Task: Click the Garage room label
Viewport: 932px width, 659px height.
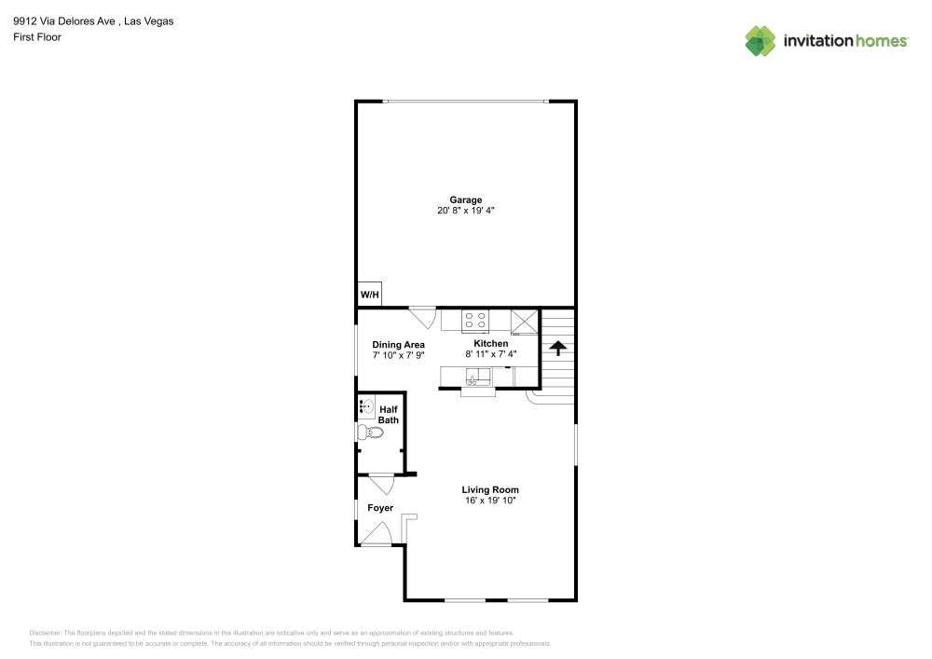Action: (x=465, y=199)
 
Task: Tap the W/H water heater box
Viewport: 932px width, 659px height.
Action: (x=369, y=295)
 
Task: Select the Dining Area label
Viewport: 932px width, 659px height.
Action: (x=398, y=345)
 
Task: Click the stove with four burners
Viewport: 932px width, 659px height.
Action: (x=475, y=321)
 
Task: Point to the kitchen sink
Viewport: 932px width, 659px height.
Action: (x=478, y=377)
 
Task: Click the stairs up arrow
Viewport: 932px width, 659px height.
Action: (x=557, y=349)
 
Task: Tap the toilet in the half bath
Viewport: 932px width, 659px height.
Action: (x=370, y=432)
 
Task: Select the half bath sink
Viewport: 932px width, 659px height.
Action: (x=366, y=406)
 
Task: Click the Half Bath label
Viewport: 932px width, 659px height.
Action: (x=388, y=415)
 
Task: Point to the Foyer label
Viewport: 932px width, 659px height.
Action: (x=380, y=508)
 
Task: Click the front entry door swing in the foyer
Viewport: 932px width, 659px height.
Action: (x=377, y=534)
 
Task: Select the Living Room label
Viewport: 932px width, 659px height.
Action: (x=490, y=489)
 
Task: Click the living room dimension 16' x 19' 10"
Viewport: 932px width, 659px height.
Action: (x=490, y=501)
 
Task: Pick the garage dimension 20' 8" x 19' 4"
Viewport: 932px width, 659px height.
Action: (x=465, y=211)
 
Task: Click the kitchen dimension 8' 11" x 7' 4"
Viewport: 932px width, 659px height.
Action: (x=490, y=354)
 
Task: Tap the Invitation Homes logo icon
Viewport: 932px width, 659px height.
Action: (x=761, y=40)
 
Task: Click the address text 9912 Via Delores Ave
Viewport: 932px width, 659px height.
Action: (x=61, y=21)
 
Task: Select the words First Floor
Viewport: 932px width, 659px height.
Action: (x=37, y=37)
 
